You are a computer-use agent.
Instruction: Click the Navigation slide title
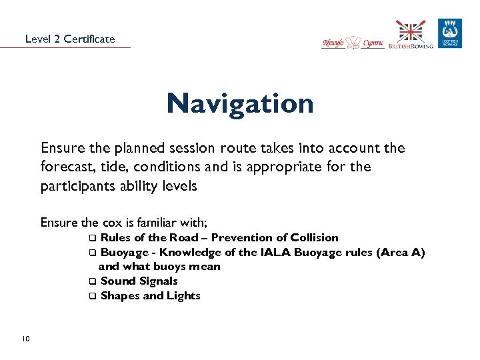[240, 103]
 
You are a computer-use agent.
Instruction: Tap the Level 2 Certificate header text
[70, 39]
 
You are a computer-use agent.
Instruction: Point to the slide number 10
[25, 339]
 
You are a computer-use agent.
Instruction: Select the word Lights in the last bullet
[185, 296]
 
